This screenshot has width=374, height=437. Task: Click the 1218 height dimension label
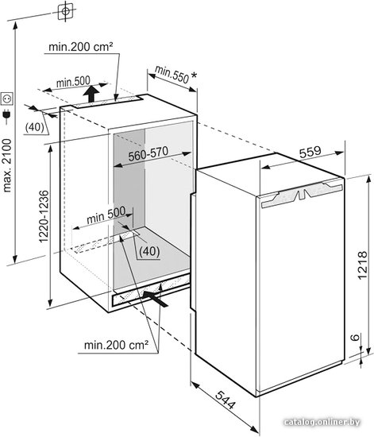pyautogui.click(x=362, y=265)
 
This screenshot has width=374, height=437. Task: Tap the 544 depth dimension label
pyautogui.click(x=226, y=400)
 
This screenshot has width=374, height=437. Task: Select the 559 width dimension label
pyautogui.click(x=310, y=152)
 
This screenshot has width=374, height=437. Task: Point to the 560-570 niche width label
pyautogui.click(x=148, y=153)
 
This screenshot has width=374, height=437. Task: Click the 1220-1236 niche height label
pyautogui.click(x=44, y=217)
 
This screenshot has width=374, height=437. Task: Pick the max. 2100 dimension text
pyautogui.click(x=6, y=166)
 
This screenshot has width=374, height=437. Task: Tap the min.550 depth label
pyautogui.click(x=172, y=75)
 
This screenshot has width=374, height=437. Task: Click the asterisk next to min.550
pyautogui.click(x=194, y=75)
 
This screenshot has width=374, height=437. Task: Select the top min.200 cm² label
pyautogui.click(x=81, y=47)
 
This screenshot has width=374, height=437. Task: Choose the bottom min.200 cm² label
pyautogui.click(x=116, y=345)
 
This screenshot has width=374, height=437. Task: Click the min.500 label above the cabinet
pyautogui.click(x=73, y=82)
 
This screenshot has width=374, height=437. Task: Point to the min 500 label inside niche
pyautogui.click(x=106, y=215)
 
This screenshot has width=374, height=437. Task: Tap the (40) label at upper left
pyautogui.click(x=34, y=127)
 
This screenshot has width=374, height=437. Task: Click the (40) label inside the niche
pyautogui.click(x=149, y=251)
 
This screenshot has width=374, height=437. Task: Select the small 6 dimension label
pyautogui.click(x=355, y=338)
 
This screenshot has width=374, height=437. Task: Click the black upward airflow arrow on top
pyautogui.click(x=91, y=94)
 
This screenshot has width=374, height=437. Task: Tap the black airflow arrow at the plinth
pyautogui.click(x=156, y=299)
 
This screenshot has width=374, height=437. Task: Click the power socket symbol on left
pyautogui.click(x=7, y=99)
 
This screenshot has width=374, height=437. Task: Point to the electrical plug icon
pyautogui.click(x=6, y=117)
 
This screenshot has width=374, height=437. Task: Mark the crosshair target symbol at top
pyautogui.click(x=65, y=11)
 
